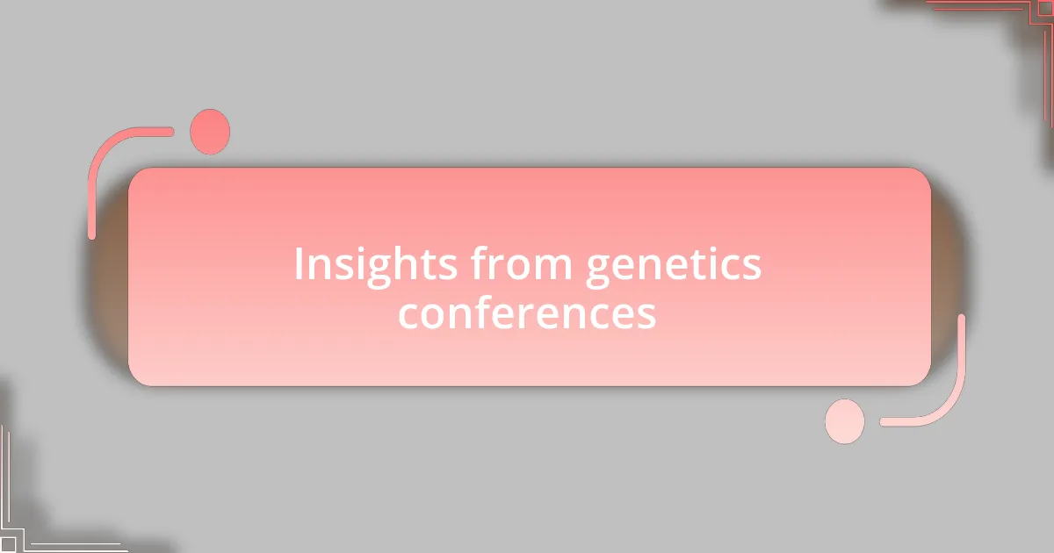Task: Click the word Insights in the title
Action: point(376,265)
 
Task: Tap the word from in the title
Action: point(522,262)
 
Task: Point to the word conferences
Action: point(527,312)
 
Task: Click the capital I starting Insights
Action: point(299,264)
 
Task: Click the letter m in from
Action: point(553,268)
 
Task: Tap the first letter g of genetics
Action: point(597,271)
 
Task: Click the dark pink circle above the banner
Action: point(210,132)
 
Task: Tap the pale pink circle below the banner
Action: point(845,421)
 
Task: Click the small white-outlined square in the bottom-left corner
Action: point(7,545)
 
